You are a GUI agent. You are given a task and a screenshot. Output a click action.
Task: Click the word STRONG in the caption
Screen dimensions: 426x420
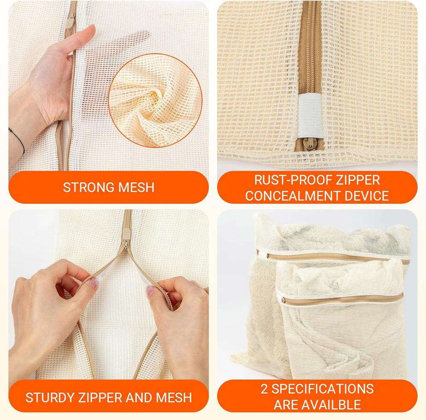(89, 187)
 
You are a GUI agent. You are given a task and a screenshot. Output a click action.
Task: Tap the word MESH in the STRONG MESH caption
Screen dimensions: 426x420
(136, 187)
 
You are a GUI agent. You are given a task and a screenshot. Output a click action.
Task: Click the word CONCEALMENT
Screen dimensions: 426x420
(293, 196)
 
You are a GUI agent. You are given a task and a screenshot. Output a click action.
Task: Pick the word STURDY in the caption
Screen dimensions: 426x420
(50, 397)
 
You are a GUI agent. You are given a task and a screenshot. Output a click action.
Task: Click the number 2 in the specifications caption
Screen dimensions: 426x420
(264, 389)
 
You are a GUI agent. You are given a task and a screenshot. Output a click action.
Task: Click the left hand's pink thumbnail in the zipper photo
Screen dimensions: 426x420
(94, 283)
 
